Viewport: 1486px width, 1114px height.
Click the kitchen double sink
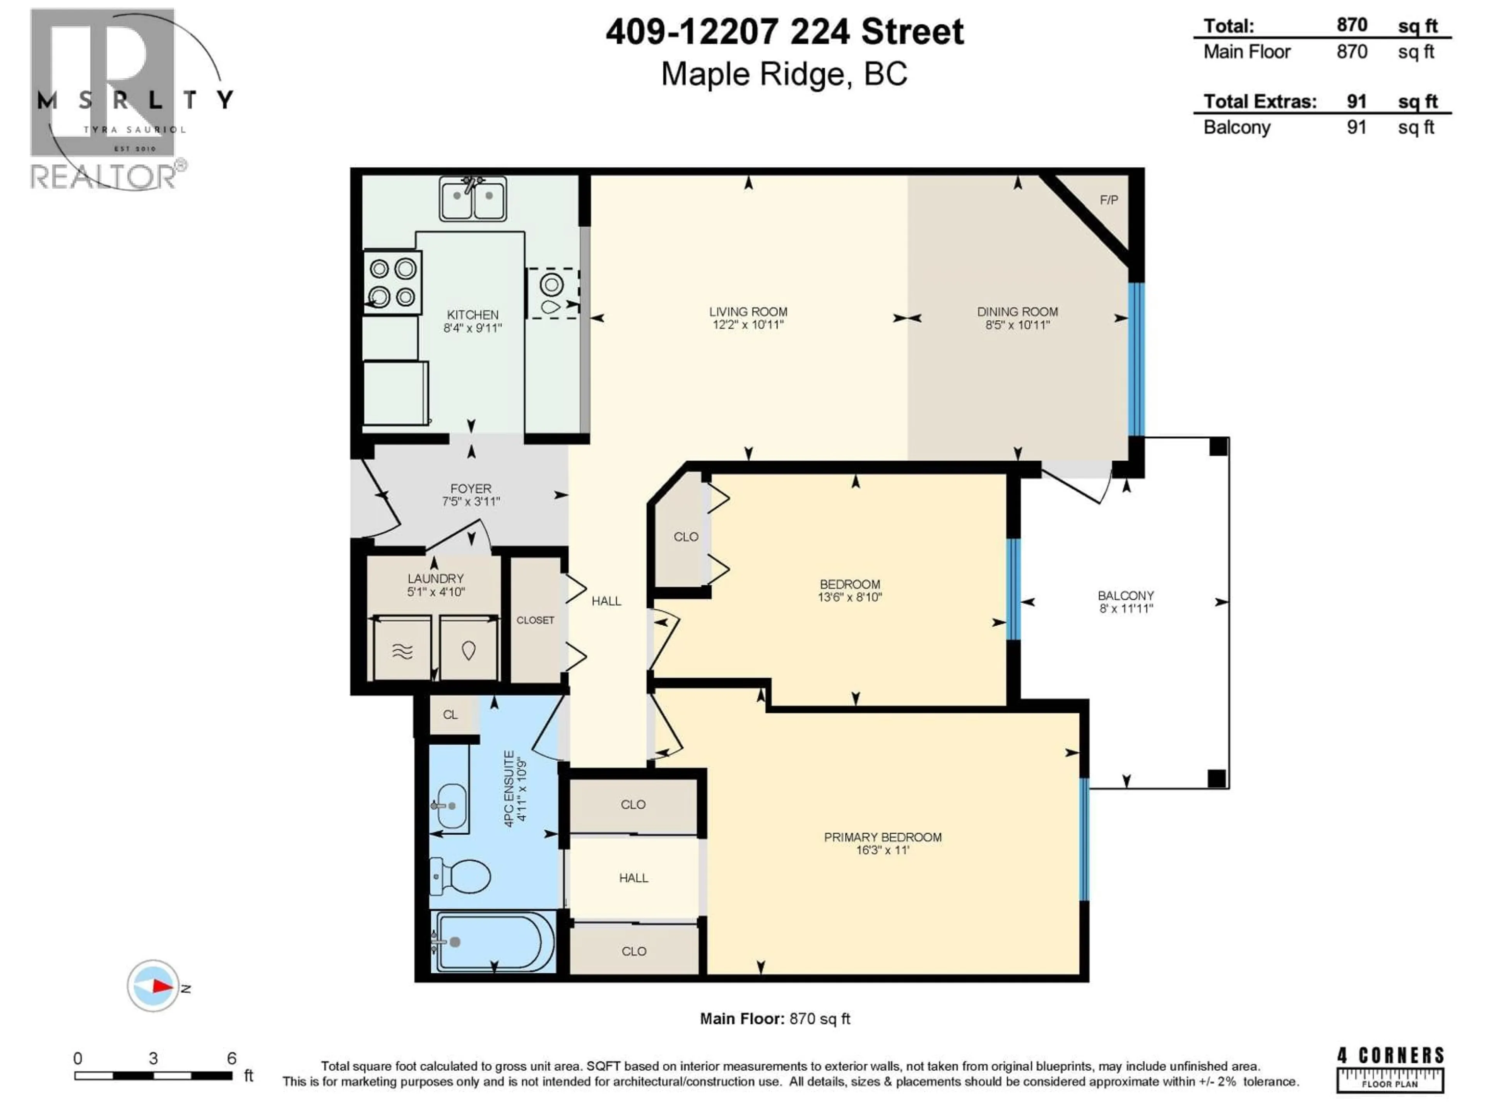pyautogui.click(x=473, y=199)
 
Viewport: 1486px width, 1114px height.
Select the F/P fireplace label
pyautogui.click(x=1108, y=200)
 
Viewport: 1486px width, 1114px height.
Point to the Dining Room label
pyautogui.click(x=1017, y=311)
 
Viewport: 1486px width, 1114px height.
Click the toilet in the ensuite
pyautogui.click(x=462, y=877)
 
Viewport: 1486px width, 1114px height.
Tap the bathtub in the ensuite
pyautogui.click(x=494, y=942)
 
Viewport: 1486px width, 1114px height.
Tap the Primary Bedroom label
pyautogui.click(x=882, y=837)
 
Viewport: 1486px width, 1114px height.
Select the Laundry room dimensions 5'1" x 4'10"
pyautogui.click(x=435, y=591)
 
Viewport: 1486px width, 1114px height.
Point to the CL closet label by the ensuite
pyautogui.click(x=450, y=714)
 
